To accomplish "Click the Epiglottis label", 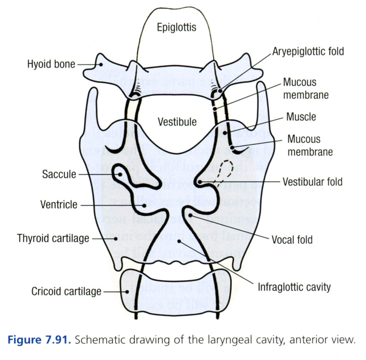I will pos(177,27).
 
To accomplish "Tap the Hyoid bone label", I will pos(51,64).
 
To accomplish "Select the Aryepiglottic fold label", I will pos(308,52).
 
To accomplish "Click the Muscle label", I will pos(301,117).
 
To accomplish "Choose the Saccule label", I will pos(59,174).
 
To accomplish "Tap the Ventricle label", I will pos(59,205).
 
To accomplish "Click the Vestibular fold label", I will pos(312,181).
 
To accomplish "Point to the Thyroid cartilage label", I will pos(53,238).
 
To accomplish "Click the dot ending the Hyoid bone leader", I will pos(101,64).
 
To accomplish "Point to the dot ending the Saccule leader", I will pos(120,174).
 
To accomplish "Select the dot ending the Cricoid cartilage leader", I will pos(128,292).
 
